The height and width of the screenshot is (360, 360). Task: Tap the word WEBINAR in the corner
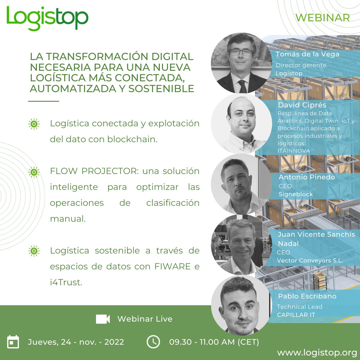[322, 18]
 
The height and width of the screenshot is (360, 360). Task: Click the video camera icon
[103, 319]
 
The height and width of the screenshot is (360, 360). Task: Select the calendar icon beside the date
[13, 342]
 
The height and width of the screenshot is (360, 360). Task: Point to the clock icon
[153, 342]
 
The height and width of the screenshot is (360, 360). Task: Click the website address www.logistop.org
[317, 352]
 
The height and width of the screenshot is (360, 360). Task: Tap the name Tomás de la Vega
[307, 54]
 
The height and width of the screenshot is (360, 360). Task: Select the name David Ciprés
[302, 105]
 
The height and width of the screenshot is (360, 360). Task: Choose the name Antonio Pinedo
[307, 177]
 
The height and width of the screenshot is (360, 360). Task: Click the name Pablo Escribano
[307, 296]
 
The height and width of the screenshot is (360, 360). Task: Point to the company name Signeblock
[295, 194]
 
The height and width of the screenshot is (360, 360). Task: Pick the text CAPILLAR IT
[296, 315]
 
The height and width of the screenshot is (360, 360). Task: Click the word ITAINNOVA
[294, 151]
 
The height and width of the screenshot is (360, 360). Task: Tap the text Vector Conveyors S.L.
[310, 260]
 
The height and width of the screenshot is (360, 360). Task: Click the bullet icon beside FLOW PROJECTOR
[34, 172]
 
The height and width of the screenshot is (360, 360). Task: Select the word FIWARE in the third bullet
[172, 266]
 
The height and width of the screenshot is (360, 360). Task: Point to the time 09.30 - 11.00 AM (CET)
[214, 342]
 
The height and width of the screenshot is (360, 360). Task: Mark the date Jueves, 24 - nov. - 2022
[76, 342]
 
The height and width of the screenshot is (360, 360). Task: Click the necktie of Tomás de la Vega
[242, 86]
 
